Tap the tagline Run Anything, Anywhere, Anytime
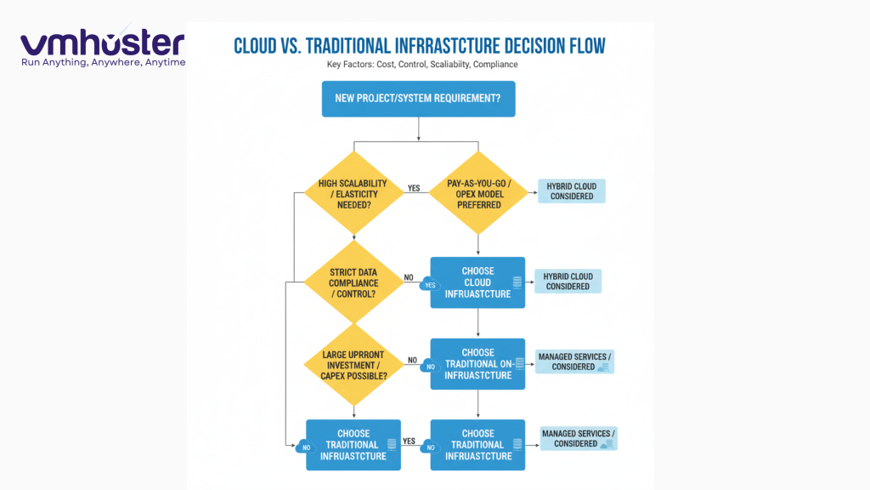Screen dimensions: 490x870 [x=102, y=63]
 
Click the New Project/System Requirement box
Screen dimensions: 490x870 [x=418, y=98]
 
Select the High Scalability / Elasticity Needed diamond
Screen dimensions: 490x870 [x=352, y=193]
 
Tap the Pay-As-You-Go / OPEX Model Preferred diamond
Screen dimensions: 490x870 [x=477, y=193]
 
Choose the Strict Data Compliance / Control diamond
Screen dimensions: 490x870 [x=352, y=282]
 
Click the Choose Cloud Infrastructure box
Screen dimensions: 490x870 [x=477, y=282]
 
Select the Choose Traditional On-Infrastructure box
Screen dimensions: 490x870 [x=477, y=364]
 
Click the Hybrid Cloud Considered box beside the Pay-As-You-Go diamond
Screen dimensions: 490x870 [x=572, y=191]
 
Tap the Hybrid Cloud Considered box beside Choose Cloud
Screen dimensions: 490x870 [x=568, y=282]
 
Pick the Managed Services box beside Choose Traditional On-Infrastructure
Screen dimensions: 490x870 [x=573, y=362]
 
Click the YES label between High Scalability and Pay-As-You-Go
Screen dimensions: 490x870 [x=414, y=188]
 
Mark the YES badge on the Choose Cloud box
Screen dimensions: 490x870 [x=430, y=286]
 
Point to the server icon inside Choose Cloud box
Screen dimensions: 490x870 [x=517, y=282]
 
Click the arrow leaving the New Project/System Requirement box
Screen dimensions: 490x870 [x=418, y=128]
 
